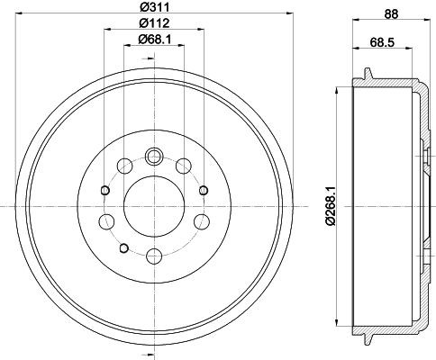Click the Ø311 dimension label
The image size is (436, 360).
tap(154, 6)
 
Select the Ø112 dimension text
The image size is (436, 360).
tap(154, 22)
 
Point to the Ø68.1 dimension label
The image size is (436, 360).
tap(154, 39)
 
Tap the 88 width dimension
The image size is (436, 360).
tap(391, 13)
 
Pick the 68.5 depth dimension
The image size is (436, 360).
tap(382, 42)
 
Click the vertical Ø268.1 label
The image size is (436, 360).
tap(330, 205)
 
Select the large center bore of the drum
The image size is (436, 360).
tap(154, 206)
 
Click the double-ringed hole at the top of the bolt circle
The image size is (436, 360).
tap(154, 156)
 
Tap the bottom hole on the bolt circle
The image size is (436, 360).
tap(154, 256)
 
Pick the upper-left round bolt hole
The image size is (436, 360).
tap(125, 166)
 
